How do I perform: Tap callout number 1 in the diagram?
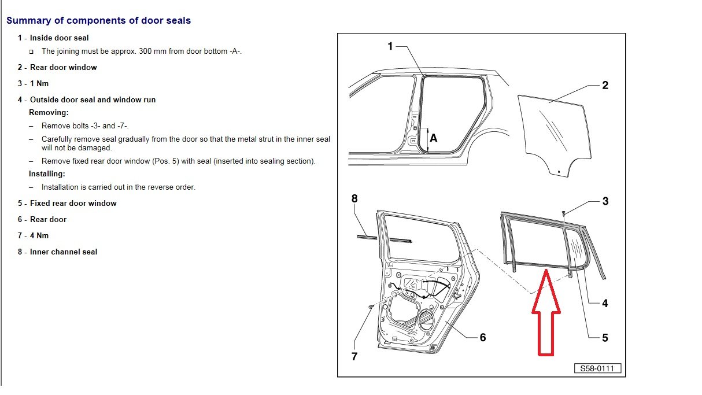tap(390, 46)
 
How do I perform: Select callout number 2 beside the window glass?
tap(605, 86)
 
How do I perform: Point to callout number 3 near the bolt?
tap(605, 201)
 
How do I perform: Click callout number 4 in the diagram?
tap(605, 303)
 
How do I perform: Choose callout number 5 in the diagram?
tap(605, 337)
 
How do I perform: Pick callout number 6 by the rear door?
tap(483, 337)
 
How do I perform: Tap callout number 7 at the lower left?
tap(354, 356)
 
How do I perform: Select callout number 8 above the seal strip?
tap(354, 198)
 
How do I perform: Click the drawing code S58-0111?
tap(598, 368)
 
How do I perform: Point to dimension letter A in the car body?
tap(434, 139)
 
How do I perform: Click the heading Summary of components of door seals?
tap(98, 20)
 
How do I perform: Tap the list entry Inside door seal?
tap(59, 38)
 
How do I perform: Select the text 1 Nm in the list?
tap(39, 83)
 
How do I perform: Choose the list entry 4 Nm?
tap(39, 235)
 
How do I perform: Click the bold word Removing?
tap(49, 112)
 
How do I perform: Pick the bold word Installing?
tap(47, 173)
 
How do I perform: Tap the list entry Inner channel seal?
tap(64, 252)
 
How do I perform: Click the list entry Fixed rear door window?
tap(73, 203)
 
